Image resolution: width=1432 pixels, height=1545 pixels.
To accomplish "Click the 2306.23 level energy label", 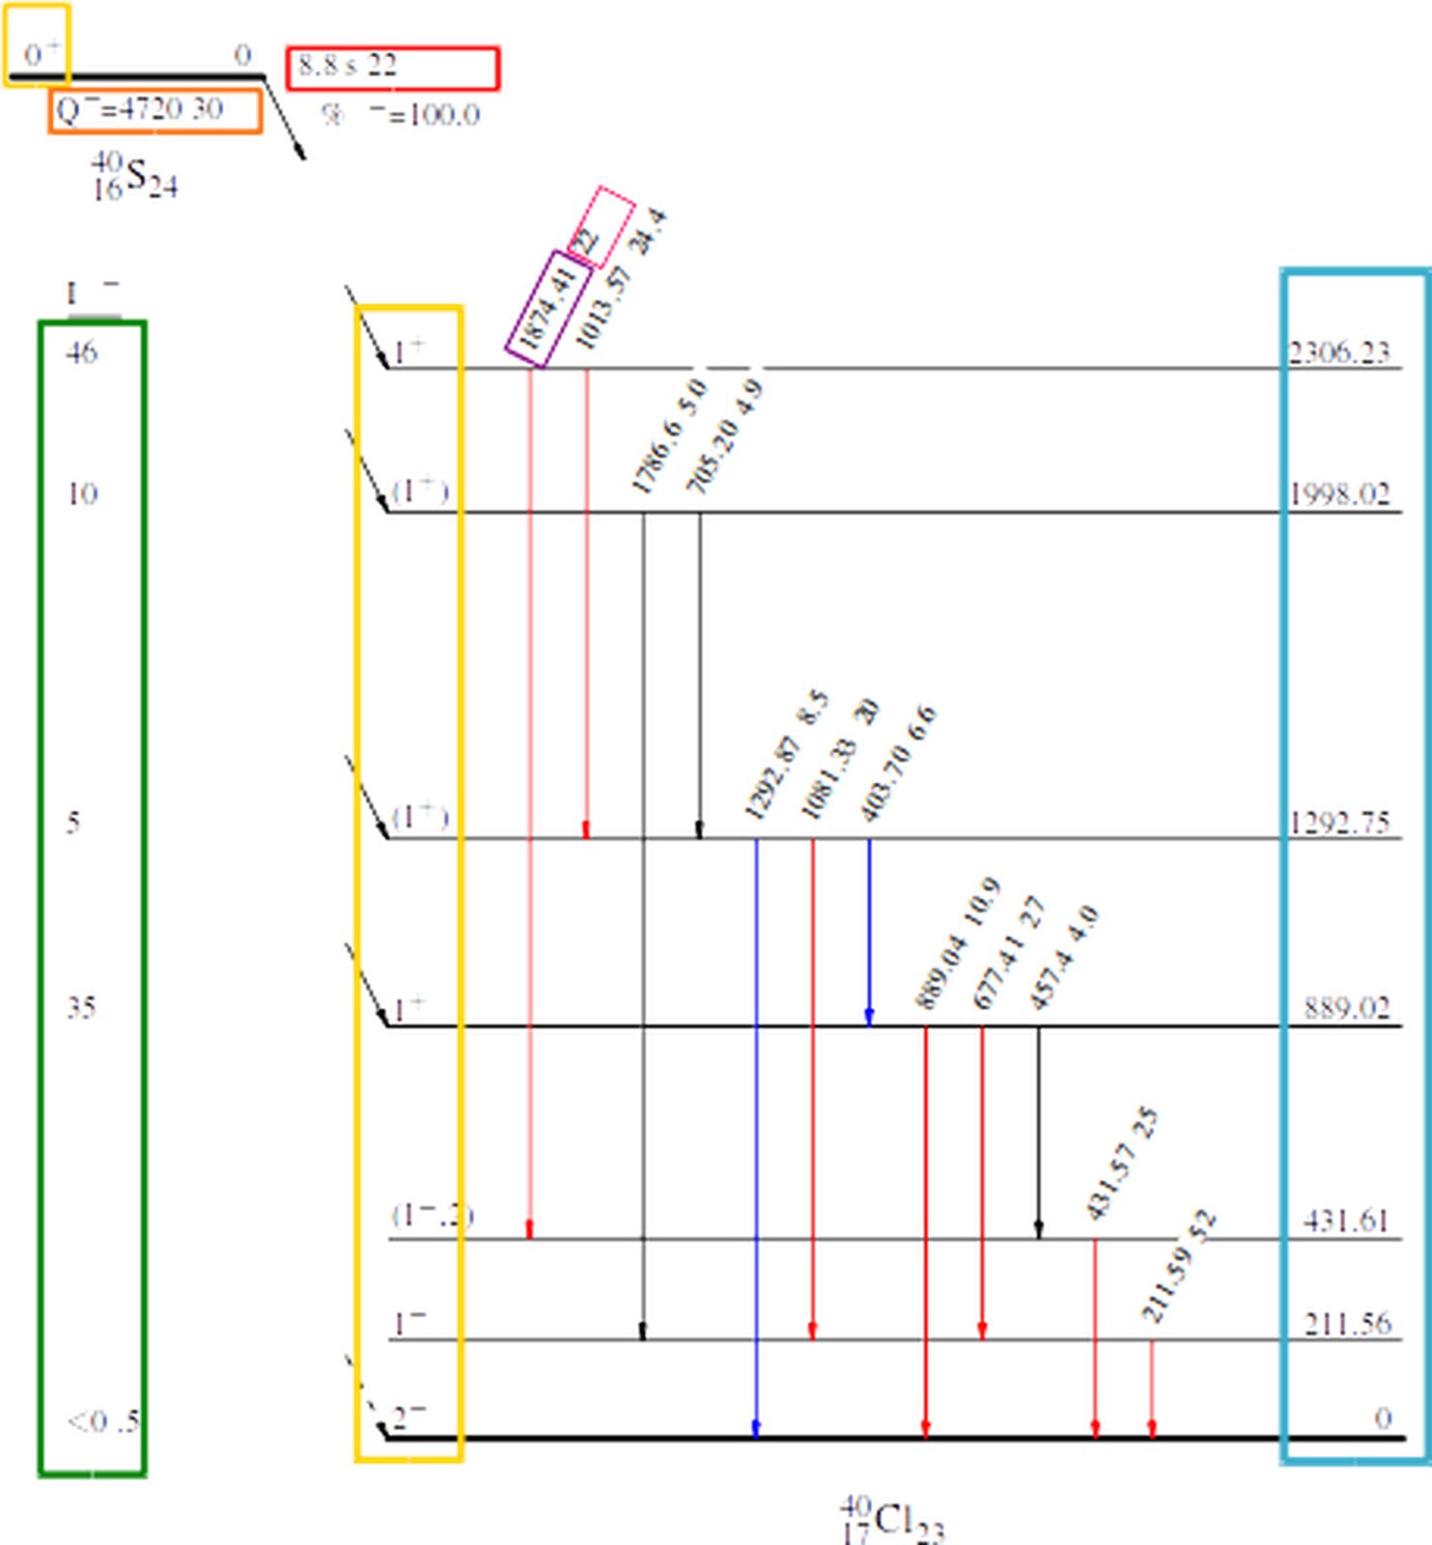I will [x=1339, y=352].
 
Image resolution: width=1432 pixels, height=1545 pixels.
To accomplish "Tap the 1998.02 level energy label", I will [x=1340, y=494].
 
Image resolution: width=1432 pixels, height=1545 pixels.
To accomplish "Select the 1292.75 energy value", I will [x=1340, y=823].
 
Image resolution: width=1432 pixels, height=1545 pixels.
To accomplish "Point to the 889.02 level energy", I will [x=1346, y=1008].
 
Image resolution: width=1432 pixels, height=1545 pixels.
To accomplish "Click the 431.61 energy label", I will [x=1346, y=1222].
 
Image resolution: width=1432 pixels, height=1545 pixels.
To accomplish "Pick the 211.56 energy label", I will [x=1347, y=1323].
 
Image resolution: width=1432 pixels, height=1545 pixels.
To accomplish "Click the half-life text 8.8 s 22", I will [x=348, y=66].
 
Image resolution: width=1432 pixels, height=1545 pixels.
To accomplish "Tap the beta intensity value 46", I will [x=81, y=352].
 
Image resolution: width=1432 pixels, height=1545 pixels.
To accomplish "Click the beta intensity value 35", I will [x=81, y=1008].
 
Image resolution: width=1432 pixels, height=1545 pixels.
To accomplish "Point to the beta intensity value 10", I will [x=81, y=494].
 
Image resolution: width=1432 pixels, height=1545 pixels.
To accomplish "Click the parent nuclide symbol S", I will [x=136, y=176].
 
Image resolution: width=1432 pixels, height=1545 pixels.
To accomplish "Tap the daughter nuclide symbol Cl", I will [x=893, y=1521].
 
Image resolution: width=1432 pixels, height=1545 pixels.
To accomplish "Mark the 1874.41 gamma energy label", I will [x=548, y=308].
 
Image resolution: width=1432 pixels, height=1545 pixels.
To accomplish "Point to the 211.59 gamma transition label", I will [x=1164, y=1289].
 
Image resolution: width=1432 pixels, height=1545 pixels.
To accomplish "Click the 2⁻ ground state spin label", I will [x=408, y=1418].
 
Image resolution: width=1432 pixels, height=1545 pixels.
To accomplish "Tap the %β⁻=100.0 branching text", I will [x=401, y=116].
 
